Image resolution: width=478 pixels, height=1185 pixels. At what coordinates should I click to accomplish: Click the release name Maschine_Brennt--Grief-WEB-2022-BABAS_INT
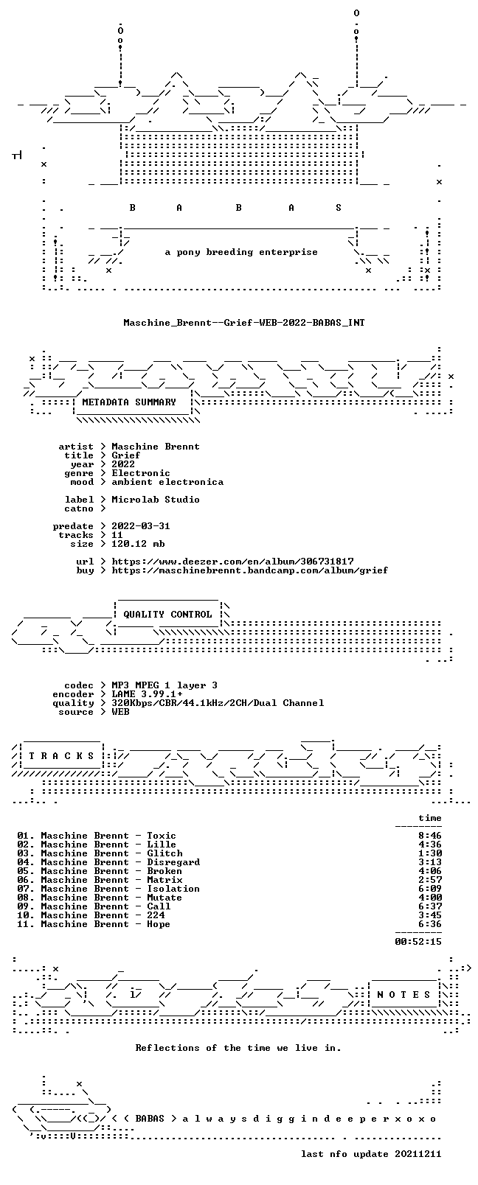point(244,322)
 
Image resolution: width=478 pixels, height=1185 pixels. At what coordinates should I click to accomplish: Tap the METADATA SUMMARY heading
point(128,402)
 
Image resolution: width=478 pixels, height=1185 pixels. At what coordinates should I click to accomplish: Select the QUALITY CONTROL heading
point(167,614)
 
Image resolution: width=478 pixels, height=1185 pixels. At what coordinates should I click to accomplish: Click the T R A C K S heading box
point(61,755)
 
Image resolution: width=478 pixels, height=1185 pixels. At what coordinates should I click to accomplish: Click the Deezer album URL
point(232,561)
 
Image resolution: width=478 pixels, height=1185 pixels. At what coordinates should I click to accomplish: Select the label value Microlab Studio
point(156,499)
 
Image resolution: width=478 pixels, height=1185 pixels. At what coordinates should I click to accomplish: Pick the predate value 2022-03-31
point(141,525)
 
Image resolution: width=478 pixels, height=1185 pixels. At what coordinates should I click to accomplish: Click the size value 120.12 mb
point(138,543)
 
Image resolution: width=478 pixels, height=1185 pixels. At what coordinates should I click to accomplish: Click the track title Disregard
point(173,861)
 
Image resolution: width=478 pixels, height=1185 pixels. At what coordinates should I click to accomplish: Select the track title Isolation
point(173,888)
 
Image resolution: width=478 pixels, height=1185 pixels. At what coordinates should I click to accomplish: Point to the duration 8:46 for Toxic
point(430,835)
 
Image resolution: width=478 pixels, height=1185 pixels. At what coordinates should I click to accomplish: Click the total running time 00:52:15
point(418,941)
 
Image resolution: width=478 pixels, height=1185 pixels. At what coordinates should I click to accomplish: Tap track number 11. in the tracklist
point(26,923)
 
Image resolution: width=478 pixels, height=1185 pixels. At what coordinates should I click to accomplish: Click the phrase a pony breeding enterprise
point(241,252)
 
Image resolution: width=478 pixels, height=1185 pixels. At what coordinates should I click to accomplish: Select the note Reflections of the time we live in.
point(238,1047)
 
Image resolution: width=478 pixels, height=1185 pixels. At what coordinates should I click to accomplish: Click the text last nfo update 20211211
point(371,1154)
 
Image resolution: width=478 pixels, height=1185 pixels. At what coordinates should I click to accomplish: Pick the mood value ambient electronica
point(167,481)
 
